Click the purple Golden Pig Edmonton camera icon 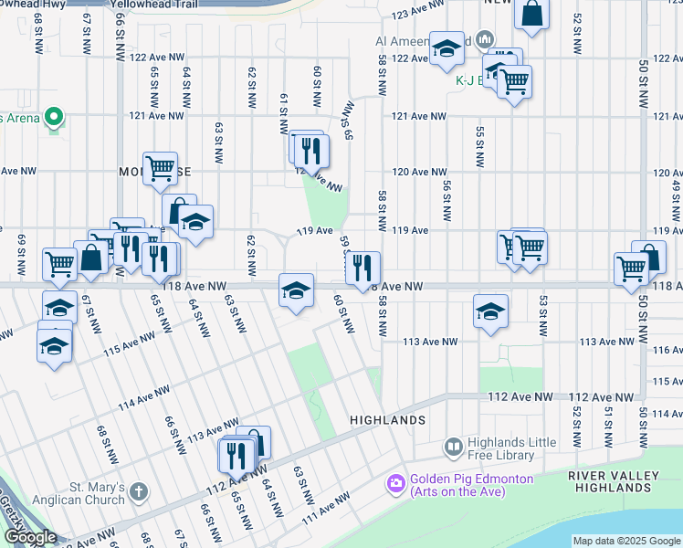[x=396, y=481]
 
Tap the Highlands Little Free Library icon [x=453, y=447]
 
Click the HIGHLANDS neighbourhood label [x=388, y=420]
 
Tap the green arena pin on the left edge [x=54, y=117]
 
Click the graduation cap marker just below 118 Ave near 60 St [x=296, y=290]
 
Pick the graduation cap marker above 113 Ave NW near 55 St [x=490, y=311]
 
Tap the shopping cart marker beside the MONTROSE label [x=161, y=167]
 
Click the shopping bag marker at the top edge [x=531, y=13]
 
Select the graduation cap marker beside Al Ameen [x=446, y=49]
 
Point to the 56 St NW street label [x=447, y=201]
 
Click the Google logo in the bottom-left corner [x=30, y=538]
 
